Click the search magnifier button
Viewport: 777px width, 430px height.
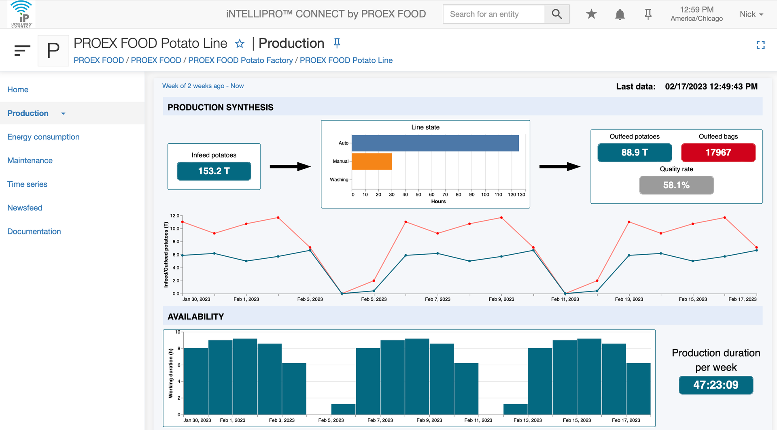click(557, 14)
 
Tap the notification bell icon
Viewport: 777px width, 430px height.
click(620, 15)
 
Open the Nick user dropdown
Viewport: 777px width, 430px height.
click(751, 14)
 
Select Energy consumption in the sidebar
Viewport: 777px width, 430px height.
click(43, 137)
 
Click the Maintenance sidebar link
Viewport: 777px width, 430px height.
click(30, 160)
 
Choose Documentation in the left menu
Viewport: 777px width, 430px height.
click(34, 231)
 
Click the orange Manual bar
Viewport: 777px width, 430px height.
click(372, 161)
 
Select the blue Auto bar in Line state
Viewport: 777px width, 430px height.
click(435, 143)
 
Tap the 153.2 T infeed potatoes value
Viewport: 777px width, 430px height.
click(214, 171)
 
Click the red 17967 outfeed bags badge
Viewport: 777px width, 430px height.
click(718, 152)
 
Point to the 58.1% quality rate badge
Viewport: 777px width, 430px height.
click(676, 185)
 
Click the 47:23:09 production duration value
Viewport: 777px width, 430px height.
click(716, 385)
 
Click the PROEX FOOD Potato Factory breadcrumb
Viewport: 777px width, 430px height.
click(240, 60)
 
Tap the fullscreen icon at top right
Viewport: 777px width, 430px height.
click(760, 45)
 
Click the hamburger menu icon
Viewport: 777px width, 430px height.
click(22, 50)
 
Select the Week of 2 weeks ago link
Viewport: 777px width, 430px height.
click(203, 86)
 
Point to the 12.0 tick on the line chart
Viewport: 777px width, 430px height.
click(174, 215)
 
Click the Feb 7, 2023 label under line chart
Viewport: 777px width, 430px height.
click(437, 299)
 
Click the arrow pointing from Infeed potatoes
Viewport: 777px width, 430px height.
click(290, 166)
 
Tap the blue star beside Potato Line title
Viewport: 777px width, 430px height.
click(240, 43)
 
